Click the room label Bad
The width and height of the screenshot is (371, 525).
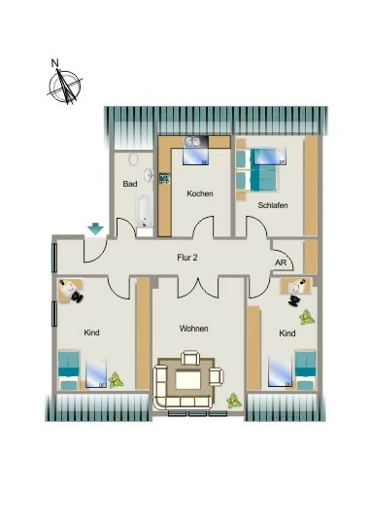130,184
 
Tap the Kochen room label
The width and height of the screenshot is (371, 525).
200,193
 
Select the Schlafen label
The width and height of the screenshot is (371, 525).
273,205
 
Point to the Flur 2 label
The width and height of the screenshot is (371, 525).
187,257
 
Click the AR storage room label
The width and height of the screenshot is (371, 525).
281,262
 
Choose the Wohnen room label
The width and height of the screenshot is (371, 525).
193,329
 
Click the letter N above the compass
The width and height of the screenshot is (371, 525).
54,62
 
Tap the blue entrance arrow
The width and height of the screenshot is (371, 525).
96,229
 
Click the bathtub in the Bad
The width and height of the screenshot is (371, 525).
145,210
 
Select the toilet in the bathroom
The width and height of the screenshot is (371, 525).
133,159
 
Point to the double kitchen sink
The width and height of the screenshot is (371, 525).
191,142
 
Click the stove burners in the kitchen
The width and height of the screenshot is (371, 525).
164,178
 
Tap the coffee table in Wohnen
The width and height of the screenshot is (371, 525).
188,380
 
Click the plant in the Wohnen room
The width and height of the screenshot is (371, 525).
233,401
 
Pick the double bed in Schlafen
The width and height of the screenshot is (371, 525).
261,170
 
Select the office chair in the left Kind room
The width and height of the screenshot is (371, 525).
78,297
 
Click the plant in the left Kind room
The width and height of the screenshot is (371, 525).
116,380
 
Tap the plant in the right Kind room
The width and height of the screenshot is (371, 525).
307,318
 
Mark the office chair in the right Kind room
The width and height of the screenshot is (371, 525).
294,300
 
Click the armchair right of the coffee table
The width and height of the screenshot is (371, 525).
217,376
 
